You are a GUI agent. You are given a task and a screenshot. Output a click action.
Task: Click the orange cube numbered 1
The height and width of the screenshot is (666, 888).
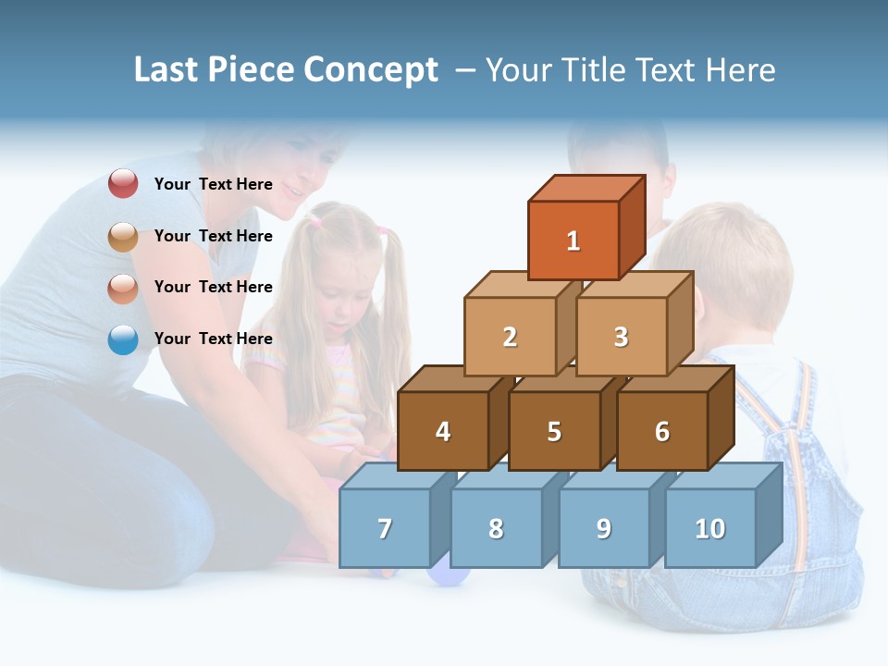(x=573, y=240)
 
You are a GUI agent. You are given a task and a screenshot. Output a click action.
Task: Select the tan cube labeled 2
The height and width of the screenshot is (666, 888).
(x=510, y=337)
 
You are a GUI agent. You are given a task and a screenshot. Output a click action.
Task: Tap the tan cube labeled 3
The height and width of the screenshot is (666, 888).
(x=621, y=337)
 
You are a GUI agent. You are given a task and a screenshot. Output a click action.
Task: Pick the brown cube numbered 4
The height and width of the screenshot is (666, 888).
(x=443, y=431)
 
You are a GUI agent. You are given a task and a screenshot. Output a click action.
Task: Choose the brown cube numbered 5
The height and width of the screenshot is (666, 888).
(x=554, y=431)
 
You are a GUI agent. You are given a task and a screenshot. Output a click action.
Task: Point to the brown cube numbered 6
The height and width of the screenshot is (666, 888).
(x=662, y=431)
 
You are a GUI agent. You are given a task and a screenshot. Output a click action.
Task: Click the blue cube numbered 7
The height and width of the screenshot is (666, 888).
(x=385, y=528)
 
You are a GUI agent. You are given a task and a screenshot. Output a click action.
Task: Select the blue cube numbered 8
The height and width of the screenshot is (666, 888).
(x=496, y=528)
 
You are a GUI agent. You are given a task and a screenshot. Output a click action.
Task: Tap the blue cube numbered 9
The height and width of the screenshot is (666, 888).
(x=603, y=528)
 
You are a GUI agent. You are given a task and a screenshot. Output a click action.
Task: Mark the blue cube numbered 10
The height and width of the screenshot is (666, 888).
(x=710, y=528)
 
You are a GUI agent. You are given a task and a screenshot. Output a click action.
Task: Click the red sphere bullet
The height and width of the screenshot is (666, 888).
(x=123, y=184)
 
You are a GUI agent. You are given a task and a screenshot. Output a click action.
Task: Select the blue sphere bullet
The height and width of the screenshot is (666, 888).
(x=123, y=339)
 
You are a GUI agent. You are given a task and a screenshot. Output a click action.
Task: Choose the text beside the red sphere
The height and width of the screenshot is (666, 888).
(x=214, y=184)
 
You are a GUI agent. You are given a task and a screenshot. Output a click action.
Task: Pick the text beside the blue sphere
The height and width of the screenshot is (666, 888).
(x=214, y=339)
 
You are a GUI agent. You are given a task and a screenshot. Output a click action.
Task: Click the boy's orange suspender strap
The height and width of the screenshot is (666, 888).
(x=797, y=444)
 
